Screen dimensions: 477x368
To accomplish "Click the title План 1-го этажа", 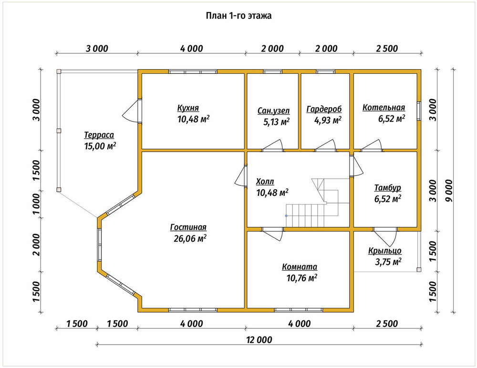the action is point(238,16).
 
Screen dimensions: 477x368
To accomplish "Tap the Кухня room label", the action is point(188,108).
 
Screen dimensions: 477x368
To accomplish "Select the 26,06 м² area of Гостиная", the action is point(190,238).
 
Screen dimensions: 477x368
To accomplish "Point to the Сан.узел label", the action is point(273,111).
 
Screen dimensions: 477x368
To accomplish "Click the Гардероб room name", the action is point(324,109).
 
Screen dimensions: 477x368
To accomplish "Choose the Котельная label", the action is point(384,107).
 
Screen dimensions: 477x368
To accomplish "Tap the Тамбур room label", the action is point(387,188).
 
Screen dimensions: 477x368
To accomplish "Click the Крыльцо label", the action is point(385,251).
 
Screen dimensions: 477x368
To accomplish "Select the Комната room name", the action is point(300,267).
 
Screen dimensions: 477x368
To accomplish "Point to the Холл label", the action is point(265,182).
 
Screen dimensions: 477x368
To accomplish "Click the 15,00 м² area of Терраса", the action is point(100,146).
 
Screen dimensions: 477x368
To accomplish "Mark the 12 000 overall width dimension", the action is point(259,340).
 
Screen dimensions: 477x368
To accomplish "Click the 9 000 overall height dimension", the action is point(449,190).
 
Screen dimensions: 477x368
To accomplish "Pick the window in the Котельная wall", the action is point(419,111).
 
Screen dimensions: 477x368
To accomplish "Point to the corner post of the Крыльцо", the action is point(419,269).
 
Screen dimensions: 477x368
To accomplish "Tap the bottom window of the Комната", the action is point(299,310).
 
